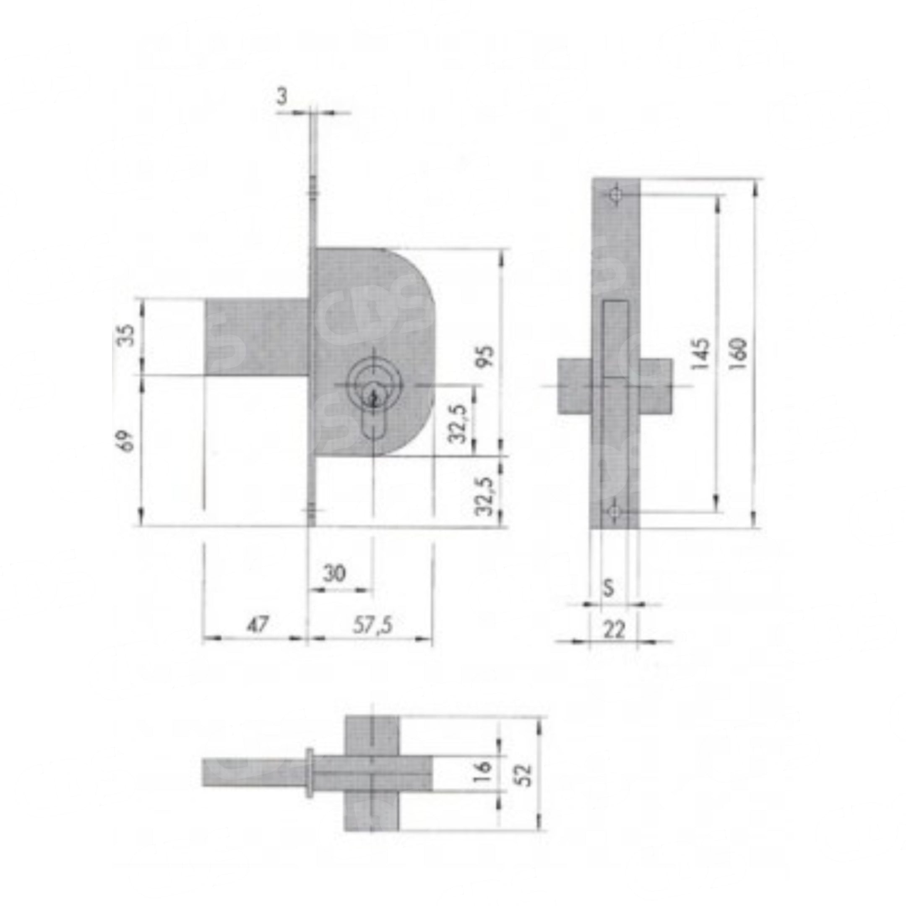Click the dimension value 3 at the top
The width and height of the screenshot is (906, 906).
tap(281, 99)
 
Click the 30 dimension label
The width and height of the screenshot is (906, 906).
tap(335, 573)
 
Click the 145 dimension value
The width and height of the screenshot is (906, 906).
tap(700, 354)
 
